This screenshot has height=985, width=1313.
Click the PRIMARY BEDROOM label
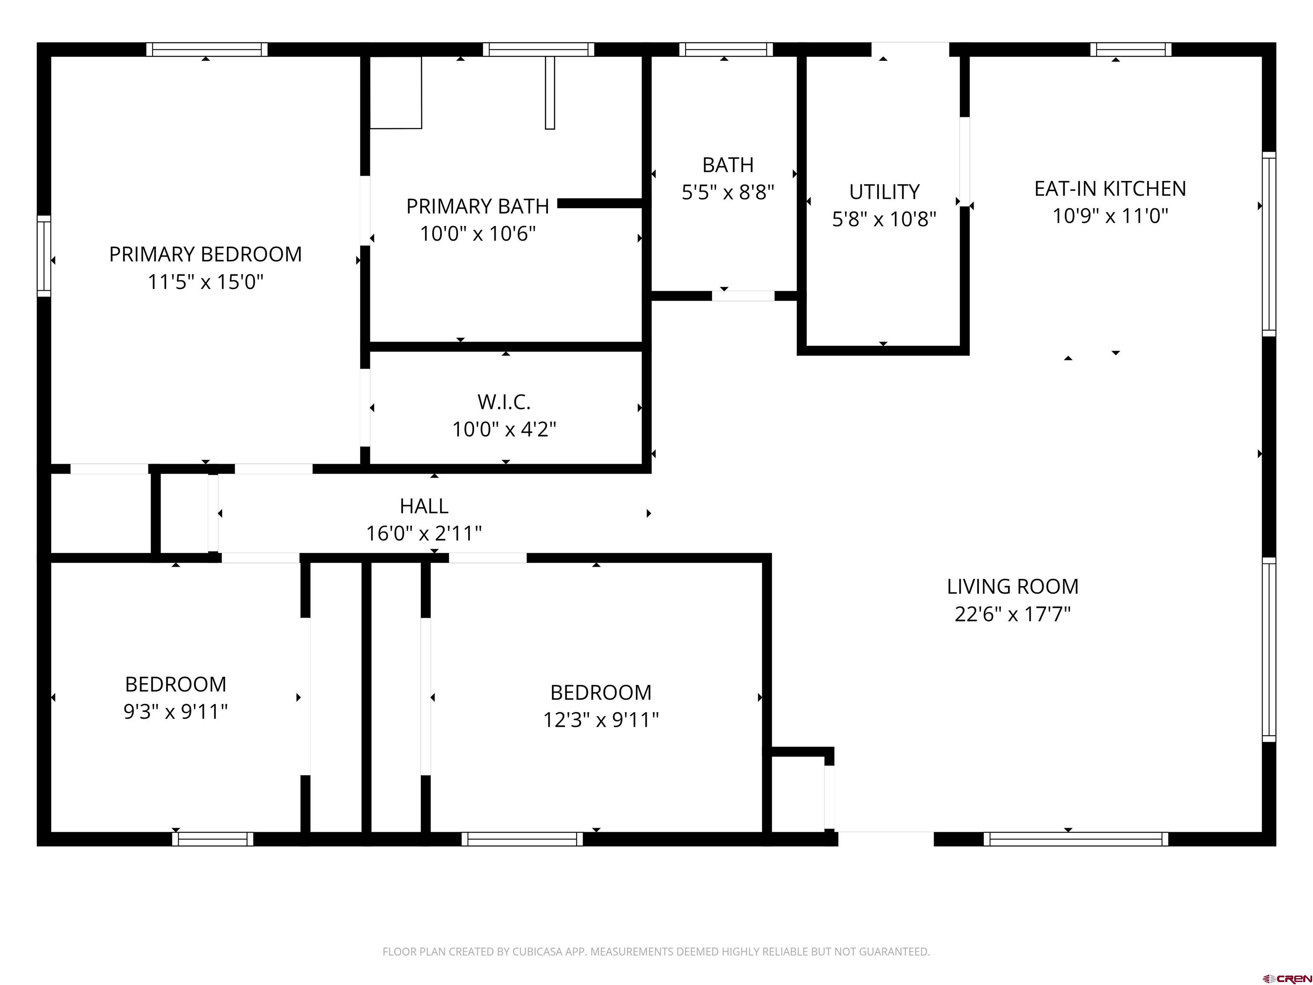(206, 254)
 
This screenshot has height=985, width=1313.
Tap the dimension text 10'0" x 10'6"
(478, 234)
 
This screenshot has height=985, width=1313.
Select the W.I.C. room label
(504, 402)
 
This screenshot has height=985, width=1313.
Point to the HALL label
(424, 506)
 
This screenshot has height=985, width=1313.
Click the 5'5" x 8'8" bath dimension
(728, 192)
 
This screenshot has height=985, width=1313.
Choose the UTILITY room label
(884, 192)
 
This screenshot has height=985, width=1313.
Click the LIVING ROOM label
(1013, 587)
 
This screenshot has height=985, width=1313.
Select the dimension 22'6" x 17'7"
(1013, 614)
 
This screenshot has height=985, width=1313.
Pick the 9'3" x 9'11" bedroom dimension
(176, 711)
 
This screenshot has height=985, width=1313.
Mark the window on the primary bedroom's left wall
(44, 256)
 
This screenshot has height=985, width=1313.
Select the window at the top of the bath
(726, 49)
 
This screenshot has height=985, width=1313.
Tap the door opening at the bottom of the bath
(743, 296)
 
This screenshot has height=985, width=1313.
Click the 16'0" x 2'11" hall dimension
(424, 533)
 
